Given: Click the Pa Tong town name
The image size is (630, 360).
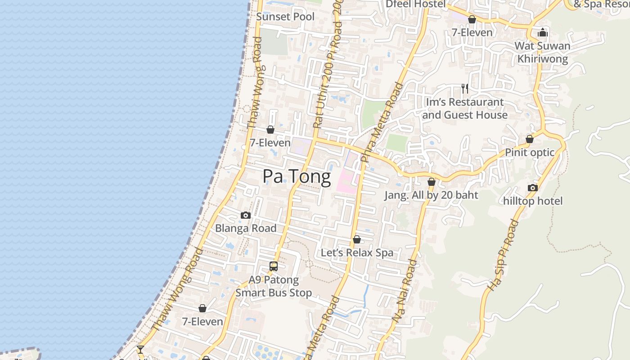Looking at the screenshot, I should tap(297, 176).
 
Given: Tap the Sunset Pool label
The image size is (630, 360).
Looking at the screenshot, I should tap(285, 17).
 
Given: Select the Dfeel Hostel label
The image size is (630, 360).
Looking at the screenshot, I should tap(415, 4).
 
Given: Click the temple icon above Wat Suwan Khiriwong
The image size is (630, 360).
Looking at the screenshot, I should tap(542, 32).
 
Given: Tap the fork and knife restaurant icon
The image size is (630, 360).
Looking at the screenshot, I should tap(464, 89).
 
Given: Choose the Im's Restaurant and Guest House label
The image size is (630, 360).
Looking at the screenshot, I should tap(465, 108).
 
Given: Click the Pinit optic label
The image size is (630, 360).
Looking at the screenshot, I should tap(530, 152).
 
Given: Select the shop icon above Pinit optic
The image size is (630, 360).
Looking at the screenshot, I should tap(530, 139).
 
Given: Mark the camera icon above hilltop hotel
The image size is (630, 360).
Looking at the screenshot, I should tap(533, 188).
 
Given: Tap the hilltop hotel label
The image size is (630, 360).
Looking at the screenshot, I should tap(533, 201).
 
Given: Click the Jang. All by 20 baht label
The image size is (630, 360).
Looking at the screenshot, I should tap(431, 195).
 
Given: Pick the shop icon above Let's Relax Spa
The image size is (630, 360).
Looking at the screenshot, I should tap(357, 239).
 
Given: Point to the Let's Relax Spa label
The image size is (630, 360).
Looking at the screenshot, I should tap(357, 253).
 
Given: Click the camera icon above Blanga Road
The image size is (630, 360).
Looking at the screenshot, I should tap(246, 215).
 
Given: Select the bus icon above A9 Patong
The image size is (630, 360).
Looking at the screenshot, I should tap(274, 266).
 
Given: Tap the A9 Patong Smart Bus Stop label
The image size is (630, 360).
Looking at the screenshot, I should tap(274, 286).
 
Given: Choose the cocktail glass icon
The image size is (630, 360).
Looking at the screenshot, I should tap(140, 349).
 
